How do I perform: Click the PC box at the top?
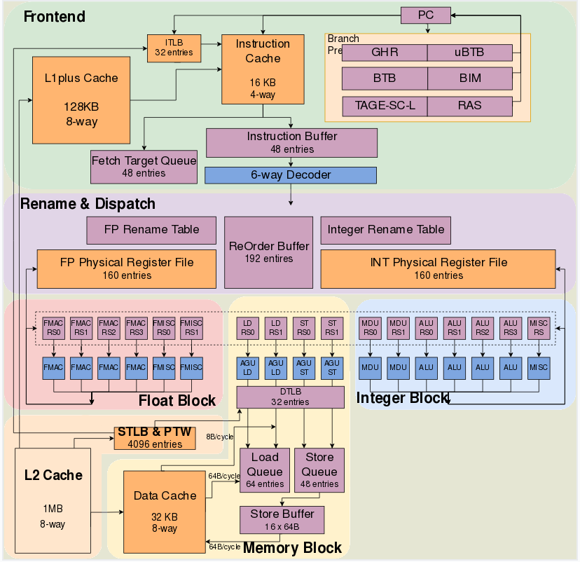(x=426, y=15)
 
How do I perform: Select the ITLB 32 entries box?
(x=174, y=48)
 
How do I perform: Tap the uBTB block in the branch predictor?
(x=470, y=53)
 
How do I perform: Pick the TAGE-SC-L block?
(x=385, y=107)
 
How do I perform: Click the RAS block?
(x=470, y=107)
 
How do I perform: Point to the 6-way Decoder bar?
(x=291, y=175)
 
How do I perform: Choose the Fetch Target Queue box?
(x=144, y=167)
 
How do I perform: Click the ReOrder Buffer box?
(x=268, y=252)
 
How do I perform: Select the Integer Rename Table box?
(x=385, y=230)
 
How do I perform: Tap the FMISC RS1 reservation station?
(x=192, y=328)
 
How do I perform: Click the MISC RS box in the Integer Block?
(x=539, y=328)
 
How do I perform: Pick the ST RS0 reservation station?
(x=304, y=328)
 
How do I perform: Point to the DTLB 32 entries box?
(x=291, y=397)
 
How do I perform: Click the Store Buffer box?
(x=282, y=520)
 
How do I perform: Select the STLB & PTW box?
(x=155, y=438)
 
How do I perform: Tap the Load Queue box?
(x=265, y=470)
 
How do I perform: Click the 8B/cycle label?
(x=220, y=437)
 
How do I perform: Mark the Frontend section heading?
(x=55, y=17)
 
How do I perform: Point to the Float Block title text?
(x=177, y=401)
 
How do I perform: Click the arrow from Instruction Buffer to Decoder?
(x=291, y=162)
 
